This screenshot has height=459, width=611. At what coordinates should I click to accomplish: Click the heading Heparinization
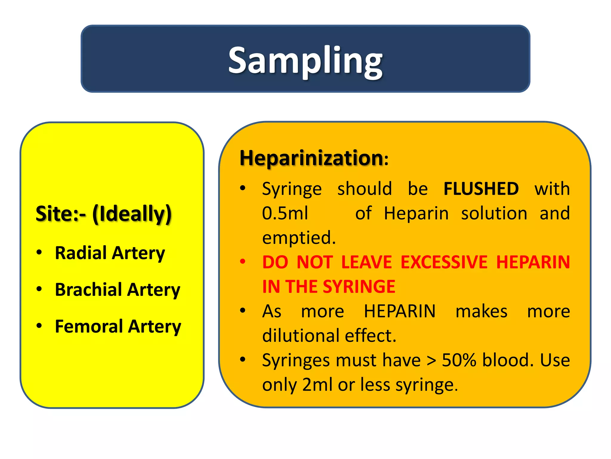(311, 158)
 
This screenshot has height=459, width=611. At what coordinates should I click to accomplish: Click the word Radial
(81, 253)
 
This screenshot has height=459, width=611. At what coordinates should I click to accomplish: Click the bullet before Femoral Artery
(39, 326)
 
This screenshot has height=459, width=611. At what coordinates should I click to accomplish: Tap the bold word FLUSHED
(481, 189)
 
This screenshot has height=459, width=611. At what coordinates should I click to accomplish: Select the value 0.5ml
(285, 213)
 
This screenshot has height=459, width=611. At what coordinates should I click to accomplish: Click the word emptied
(299, 238)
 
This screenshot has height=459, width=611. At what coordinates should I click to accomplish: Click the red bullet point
(243, 262)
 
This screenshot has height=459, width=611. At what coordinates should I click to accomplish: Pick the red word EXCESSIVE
(444, 262)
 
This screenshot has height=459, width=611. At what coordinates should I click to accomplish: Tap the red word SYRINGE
(359, 287)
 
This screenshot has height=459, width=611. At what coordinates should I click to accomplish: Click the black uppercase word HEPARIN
(400, 311)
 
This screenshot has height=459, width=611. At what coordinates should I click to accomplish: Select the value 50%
(459, 360)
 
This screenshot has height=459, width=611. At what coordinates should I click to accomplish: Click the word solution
(494, 213)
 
